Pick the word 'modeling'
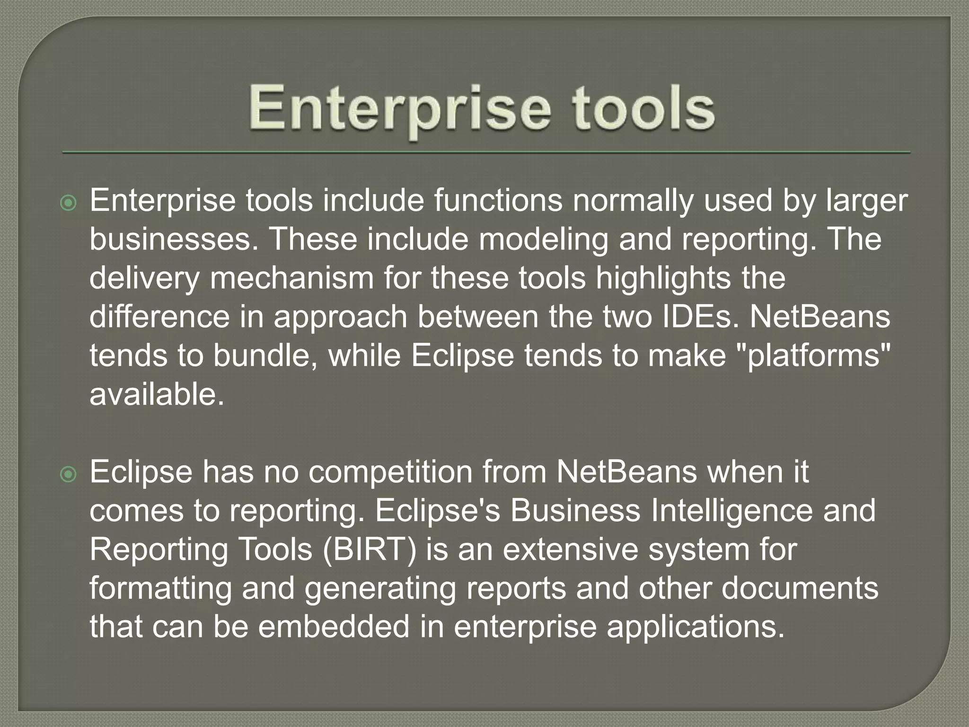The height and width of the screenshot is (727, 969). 543,240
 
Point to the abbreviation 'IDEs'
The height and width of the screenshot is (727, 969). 691,317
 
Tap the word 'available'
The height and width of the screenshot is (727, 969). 156,394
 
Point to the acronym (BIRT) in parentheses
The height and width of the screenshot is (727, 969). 370,550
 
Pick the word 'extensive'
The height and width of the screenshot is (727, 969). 571,550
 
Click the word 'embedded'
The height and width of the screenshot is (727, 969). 334,627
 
